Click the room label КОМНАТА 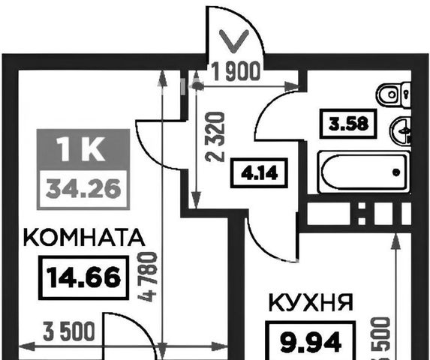click(x=84, y=238)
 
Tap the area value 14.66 click(x=84, y=277)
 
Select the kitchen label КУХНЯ click(x=311, y=302)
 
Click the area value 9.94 click(x=311, y=342)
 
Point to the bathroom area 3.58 click(x=348, y=124)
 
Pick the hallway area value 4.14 click(x=259, y=173)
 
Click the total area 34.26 click(x=83, y=189)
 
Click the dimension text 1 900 click(x=236, y=71)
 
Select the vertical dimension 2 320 click(x=216, y=136)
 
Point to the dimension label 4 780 click(x=149, y=277)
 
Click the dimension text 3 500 click(x=69, y=331)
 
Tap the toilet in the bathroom click(x=393, y=95)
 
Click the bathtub click(x=364, y=172)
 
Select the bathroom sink click(x=401, y=130)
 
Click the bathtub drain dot click(x=396, y=172)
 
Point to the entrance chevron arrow click(x=233, y=41)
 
